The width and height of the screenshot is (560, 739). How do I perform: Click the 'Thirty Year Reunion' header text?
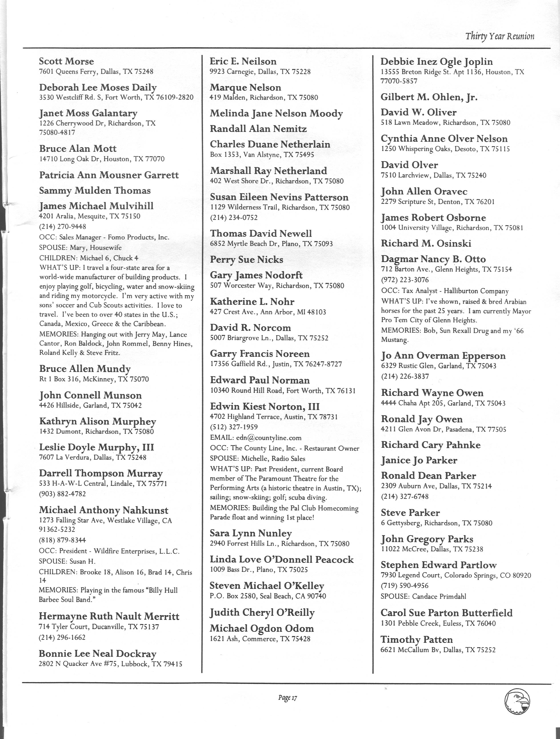click(500, 36)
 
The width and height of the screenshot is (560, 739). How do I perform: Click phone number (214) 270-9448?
click(62, 226)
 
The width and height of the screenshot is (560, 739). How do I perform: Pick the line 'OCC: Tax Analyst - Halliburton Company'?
click(445, 291)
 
